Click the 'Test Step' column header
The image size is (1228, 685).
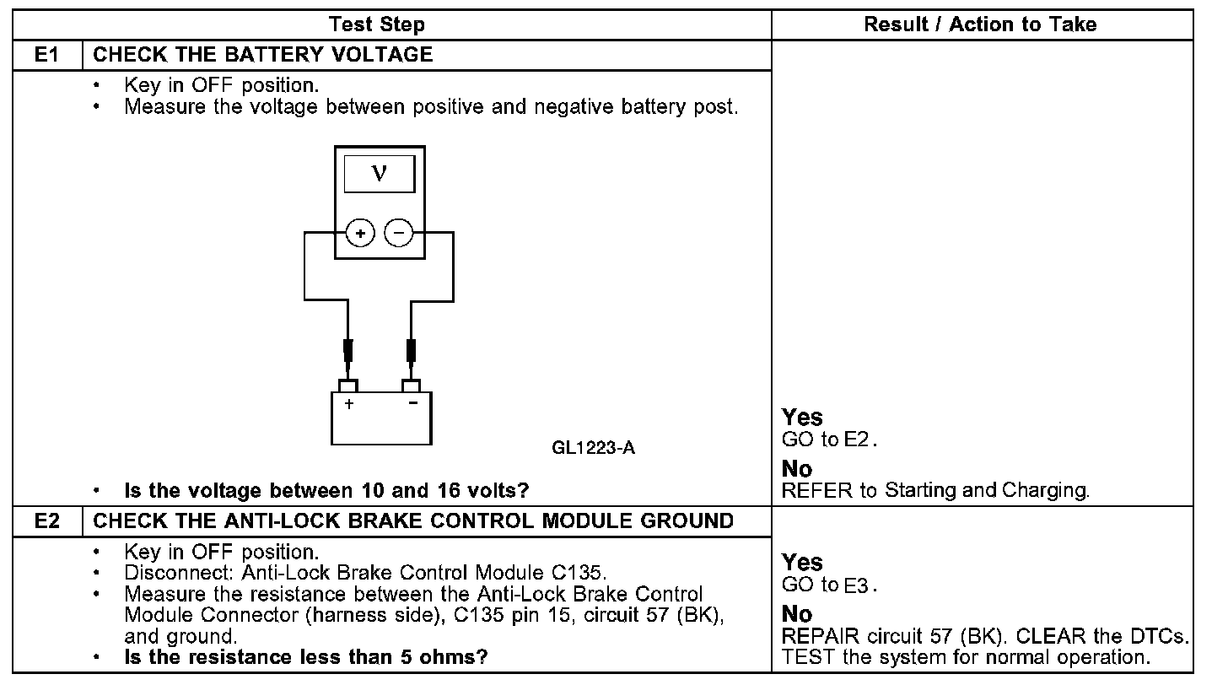(376, 24)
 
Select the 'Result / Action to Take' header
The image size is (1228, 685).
(979, 24)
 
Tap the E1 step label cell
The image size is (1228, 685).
(46, 56)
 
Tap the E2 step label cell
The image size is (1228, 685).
(46, 521)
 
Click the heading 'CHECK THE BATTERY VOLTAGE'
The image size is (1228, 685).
(262, 56)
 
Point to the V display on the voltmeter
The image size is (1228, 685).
(380, 173)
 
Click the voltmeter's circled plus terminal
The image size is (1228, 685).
(360, 232)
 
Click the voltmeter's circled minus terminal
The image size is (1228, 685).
(399, 232)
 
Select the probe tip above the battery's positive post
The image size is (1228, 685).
(347, 350)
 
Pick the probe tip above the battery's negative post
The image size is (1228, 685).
(412, 350)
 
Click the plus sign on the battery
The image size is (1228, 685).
(348, 404)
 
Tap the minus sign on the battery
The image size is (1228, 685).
(412, 403)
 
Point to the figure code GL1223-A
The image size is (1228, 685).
(593, 448)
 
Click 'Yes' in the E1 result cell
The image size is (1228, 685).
(802, 417)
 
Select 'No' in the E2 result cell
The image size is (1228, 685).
(797, 613)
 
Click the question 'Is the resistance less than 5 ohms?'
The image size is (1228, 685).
(306, 656)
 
